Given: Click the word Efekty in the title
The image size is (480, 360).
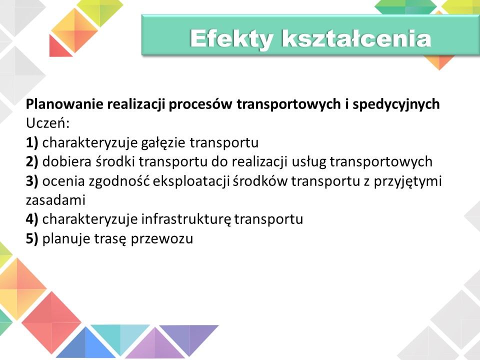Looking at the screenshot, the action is [x=231, y=39].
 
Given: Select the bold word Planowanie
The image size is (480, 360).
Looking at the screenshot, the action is [x=64, y=104].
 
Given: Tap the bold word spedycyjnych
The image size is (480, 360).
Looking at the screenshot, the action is [x=396, y=104].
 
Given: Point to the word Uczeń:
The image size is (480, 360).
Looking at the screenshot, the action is [x=48, y=123].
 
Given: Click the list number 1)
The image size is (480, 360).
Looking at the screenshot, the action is [x=32, y=142].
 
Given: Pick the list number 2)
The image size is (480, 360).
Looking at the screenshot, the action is [x=32, y=161].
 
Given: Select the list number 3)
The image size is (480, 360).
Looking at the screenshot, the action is [x=32, y=181].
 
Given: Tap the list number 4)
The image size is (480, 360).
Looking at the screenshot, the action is [x=32, y=219].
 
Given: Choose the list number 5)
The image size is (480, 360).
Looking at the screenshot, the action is [x=32, y=238].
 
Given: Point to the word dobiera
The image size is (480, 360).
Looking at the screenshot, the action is [x=66, y=161].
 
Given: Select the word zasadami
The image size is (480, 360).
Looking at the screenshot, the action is [x=55, y=200].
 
